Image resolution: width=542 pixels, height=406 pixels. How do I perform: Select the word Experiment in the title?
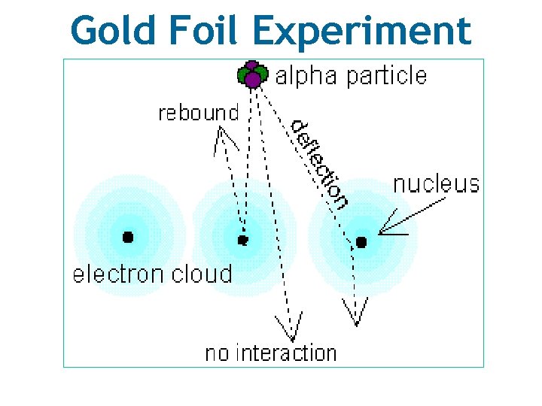(361, 32)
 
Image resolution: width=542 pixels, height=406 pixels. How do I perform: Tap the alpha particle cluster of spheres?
(251, 74)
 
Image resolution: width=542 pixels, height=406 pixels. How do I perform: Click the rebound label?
(198, 114)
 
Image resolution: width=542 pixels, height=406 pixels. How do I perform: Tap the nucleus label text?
(436, 183)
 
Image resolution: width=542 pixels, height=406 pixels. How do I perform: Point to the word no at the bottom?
(218, 353)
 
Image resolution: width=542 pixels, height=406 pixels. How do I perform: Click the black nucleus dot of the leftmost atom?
(128, 237)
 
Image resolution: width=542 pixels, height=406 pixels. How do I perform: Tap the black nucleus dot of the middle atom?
(242, 241)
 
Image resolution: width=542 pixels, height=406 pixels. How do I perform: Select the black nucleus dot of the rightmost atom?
(361, 242)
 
